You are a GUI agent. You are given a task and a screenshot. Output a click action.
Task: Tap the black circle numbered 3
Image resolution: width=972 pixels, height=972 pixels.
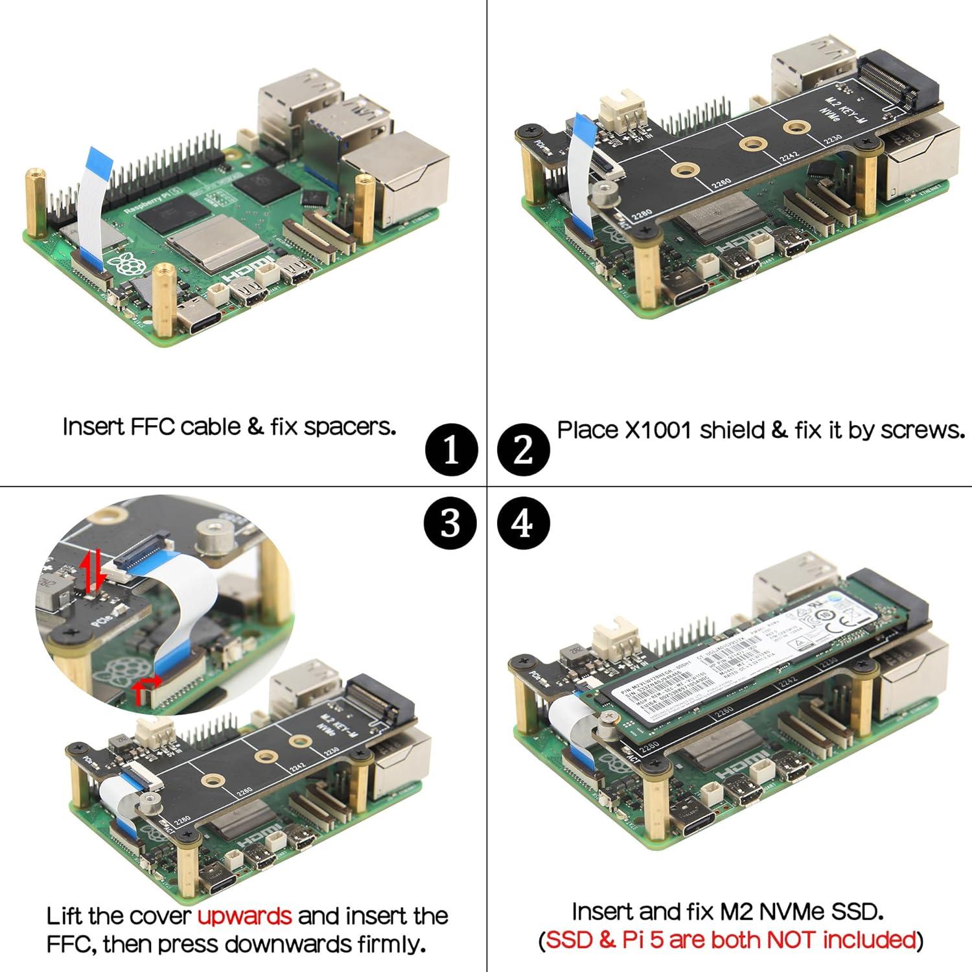tap(452, 522)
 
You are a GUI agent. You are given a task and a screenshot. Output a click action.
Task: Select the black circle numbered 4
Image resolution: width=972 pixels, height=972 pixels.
tap(524, 522)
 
